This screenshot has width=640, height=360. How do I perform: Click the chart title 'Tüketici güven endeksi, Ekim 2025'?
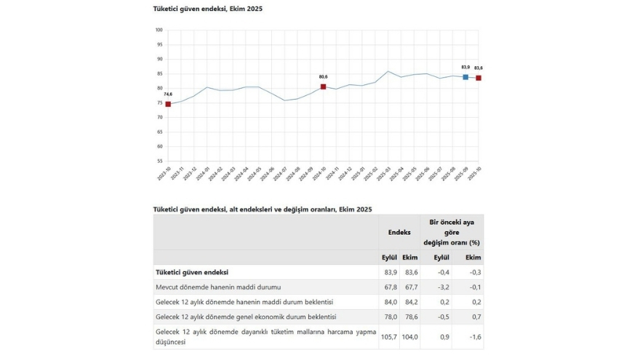[x=207, y=8]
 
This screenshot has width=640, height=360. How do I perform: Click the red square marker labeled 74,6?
[x=168, y=104]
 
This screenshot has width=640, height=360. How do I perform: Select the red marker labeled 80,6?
[x=323, y=87]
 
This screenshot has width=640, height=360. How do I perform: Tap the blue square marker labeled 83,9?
[x=465, y=76]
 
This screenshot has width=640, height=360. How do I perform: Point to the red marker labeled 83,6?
[x=479, y=78]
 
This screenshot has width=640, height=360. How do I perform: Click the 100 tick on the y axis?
[x=159, y=31]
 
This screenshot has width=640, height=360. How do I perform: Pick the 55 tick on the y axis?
[x=159, y=161]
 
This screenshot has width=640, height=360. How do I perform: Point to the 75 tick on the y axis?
[x=159, y=103]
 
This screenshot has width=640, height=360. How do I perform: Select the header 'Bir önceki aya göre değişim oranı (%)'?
[x=452, y=232]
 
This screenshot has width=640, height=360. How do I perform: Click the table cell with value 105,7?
[x=389, y=337]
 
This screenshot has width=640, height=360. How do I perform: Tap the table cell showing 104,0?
[x=410, y=337]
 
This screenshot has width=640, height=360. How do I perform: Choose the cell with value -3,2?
[x=441, y=287]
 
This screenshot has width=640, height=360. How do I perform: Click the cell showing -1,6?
[x=473, y=337]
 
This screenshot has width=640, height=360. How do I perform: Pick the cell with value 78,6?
[x=410, y=317]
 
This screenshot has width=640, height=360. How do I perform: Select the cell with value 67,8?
[x=389, y=287]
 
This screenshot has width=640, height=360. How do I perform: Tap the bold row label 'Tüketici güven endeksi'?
[x=192, y=272]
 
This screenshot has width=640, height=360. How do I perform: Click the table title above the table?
[x=263, y=209]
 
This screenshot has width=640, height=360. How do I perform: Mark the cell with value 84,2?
[x=410, y=302]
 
